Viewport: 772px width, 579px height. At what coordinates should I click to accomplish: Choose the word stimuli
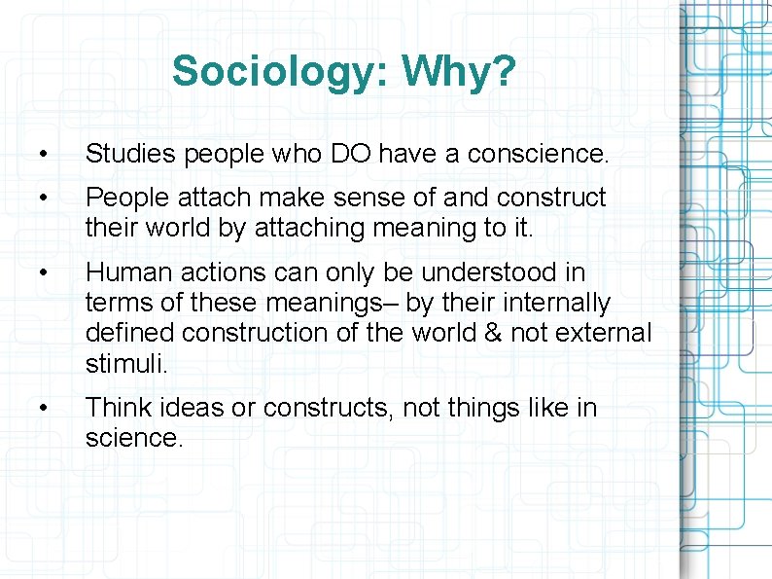point(125,363)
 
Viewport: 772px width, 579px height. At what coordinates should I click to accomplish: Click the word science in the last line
point(131,438)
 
